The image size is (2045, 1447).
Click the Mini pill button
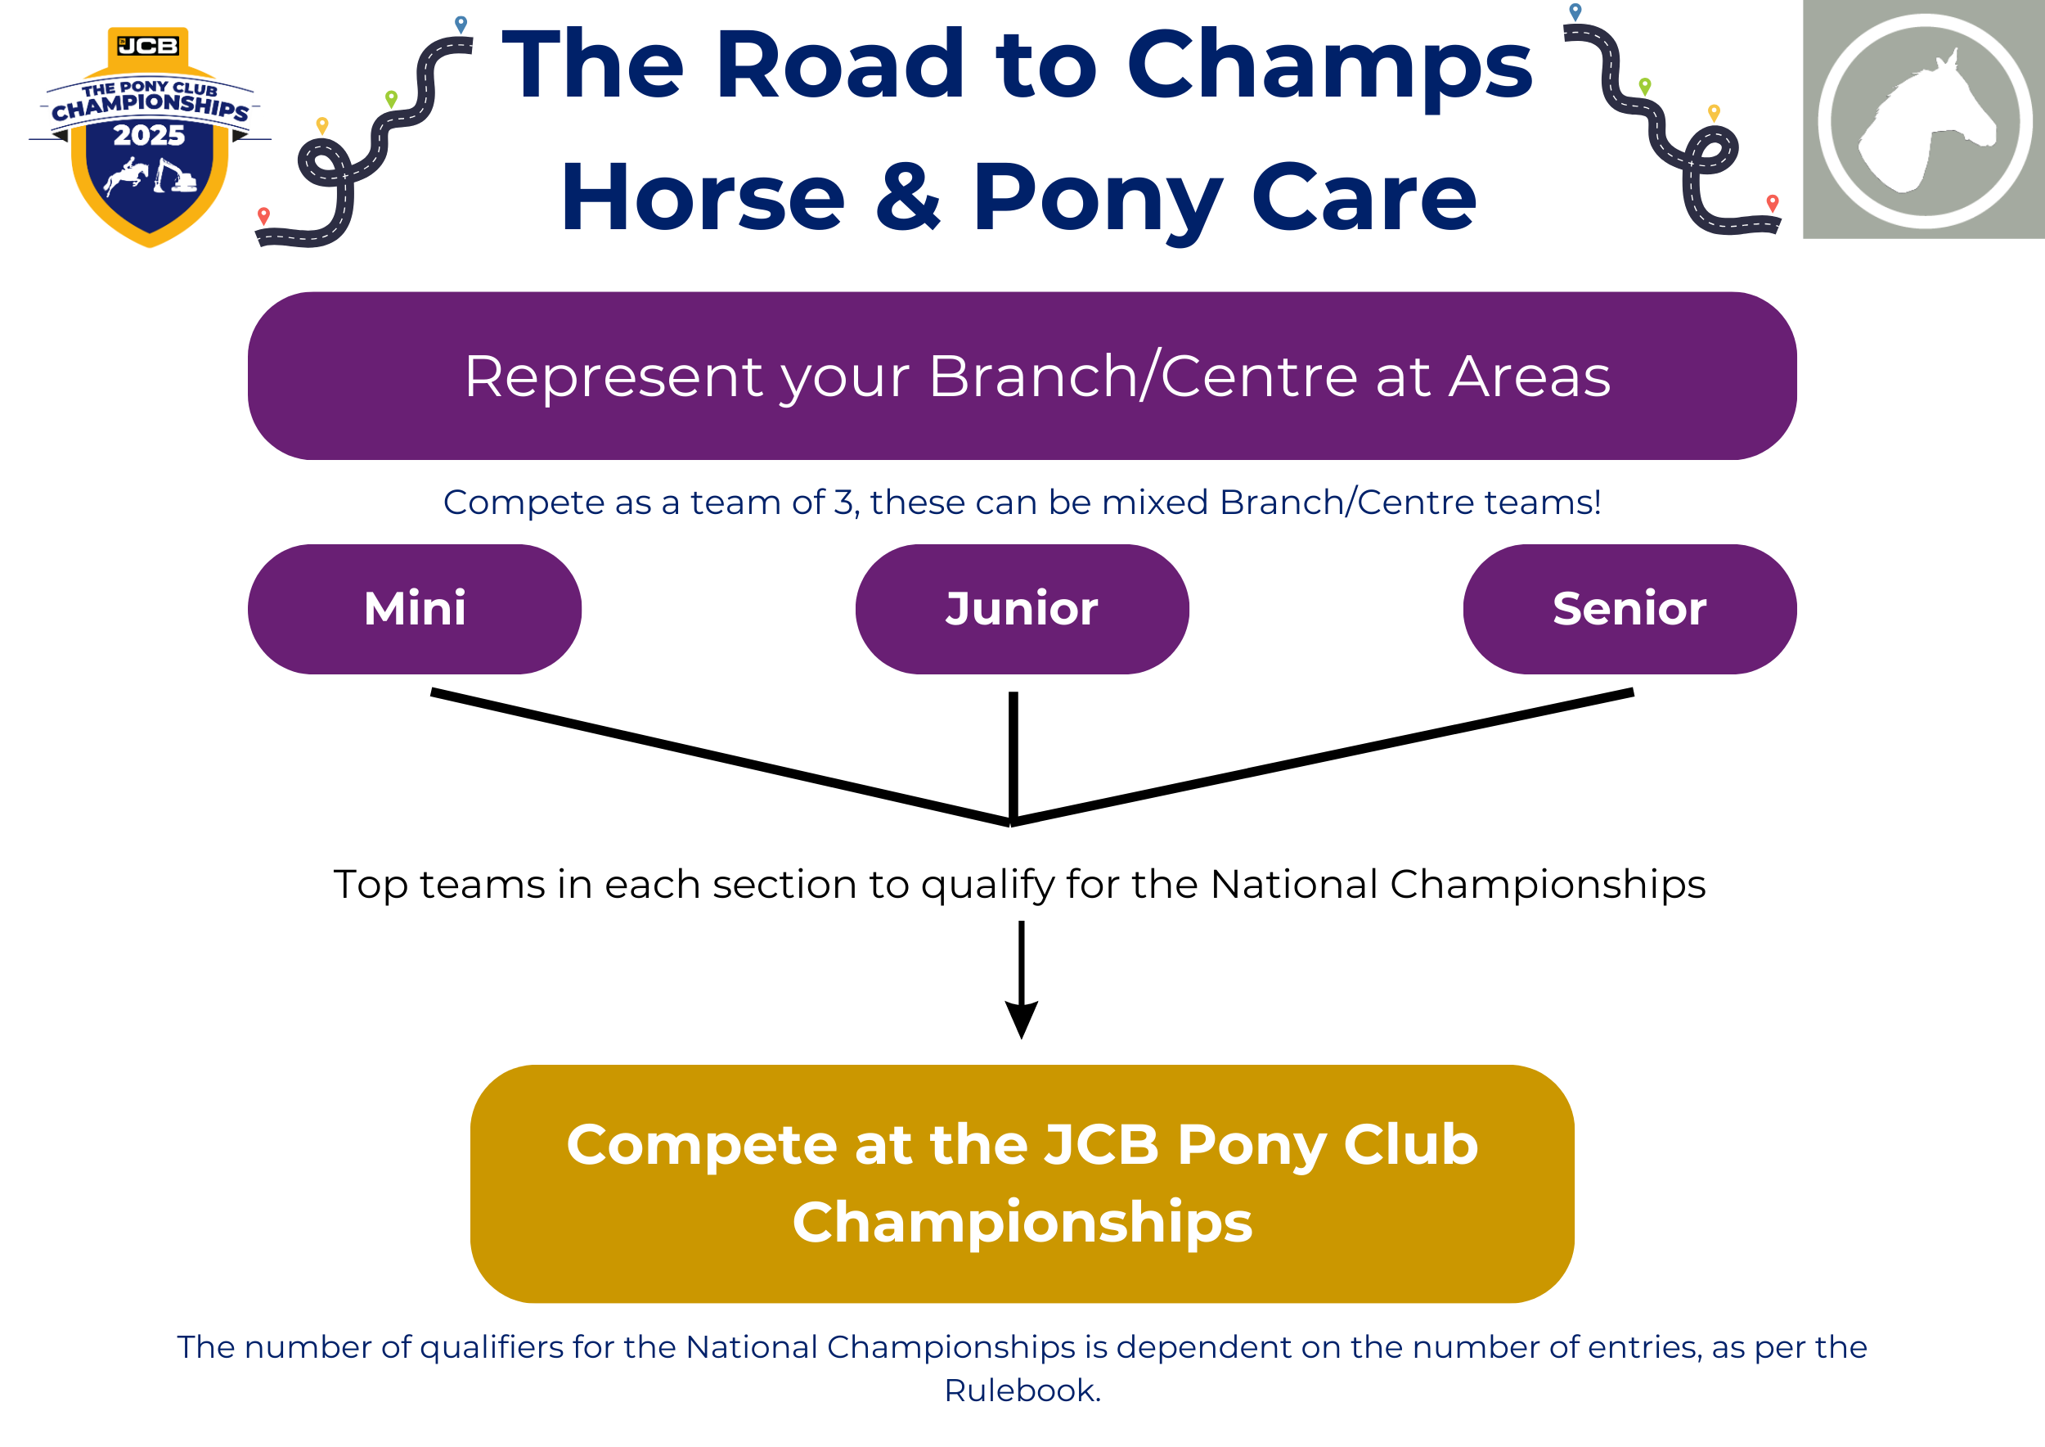pos(414,610)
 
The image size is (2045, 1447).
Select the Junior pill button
pos(1022,610)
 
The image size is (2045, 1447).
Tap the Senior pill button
pos(1629,610)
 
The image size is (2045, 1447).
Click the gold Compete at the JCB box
pos(1022,1183)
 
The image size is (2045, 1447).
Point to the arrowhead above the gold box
pos(1022,1019)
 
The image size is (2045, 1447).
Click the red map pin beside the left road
pos(263,215)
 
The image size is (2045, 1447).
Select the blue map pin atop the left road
pos(461,24)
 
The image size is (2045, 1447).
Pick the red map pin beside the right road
pos(1773,203)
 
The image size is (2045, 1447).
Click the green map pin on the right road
pos(1645,86)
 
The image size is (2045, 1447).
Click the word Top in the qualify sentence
pos(371,886)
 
